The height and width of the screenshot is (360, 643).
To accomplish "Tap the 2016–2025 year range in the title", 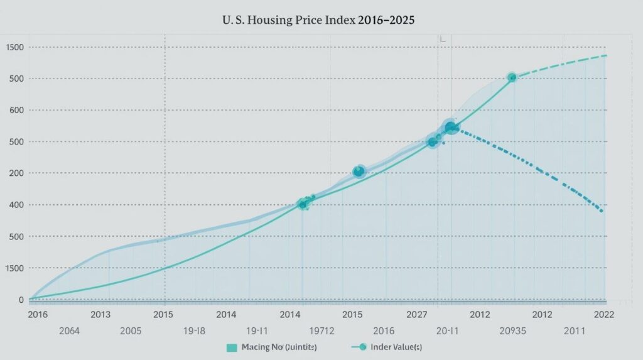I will click(387, 20).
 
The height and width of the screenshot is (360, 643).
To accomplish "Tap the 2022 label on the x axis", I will click(603, 314).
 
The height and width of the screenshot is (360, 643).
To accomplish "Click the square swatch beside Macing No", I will click(231, 347).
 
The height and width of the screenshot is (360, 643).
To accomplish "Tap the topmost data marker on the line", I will click(512, 77).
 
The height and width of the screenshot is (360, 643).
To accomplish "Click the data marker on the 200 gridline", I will click(359, 171).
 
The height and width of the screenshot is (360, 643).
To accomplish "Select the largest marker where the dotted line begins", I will click(450, 128).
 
